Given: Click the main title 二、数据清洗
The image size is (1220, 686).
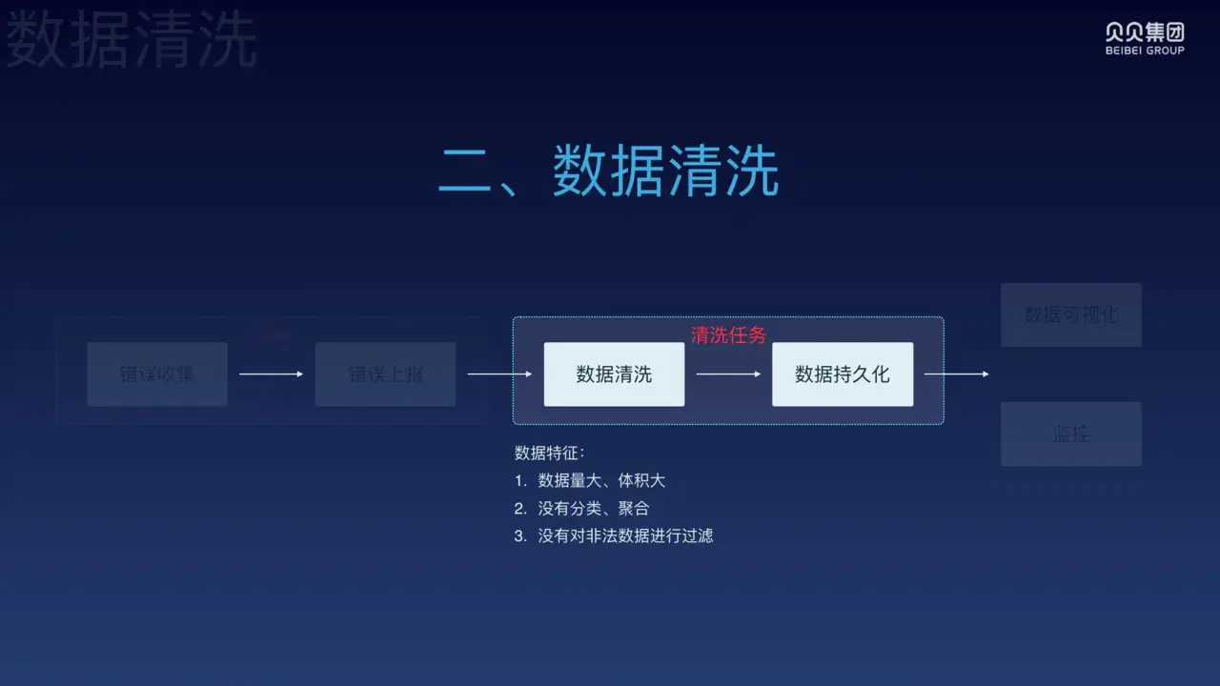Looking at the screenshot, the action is click(x=608, y=171).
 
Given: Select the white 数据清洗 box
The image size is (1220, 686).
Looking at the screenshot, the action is click(x=614, y=374).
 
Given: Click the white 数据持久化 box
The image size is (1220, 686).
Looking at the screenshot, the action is click(x=843, y=374).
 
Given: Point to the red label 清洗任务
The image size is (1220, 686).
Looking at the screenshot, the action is click(x=728, y=334).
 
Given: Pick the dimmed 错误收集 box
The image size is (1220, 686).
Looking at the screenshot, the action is click(x=157, y=374).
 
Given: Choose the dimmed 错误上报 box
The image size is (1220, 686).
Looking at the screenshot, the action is click(x=385, y=374).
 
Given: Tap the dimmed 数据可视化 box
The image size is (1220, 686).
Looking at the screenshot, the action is click(x=1071, y=314).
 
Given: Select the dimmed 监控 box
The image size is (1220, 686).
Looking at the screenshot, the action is click(x=1071, y=434).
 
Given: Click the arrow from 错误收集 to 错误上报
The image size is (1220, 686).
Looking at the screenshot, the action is click(x=271, y=374).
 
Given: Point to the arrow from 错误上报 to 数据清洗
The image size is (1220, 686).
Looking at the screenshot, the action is click(x=499, y=374).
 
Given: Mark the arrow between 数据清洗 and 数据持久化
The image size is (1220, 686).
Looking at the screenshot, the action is click(x=728, y=374).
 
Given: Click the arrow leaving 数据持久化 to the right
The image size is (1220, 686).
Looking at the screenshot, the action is click(x=957, y=374).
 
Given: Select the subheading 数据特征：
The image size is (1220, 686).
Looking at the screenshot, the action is click(x=550, y=453).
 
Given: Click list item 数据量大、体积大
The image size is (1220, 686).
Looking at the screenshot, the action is click(x=601, y=480).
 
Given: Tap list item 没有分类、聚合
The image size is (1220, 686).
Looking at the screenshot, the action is click(x=594, y=508).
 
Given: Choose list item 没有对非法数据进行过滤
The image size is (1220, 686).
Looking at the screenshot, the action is click(x=625, y=535).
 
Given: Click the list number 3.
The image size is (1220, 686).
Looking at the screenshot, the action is click(x=519, y=535).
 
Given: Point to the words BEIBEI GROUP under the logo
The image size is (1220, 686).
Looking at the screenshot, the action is click(x=1145, y=50).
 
